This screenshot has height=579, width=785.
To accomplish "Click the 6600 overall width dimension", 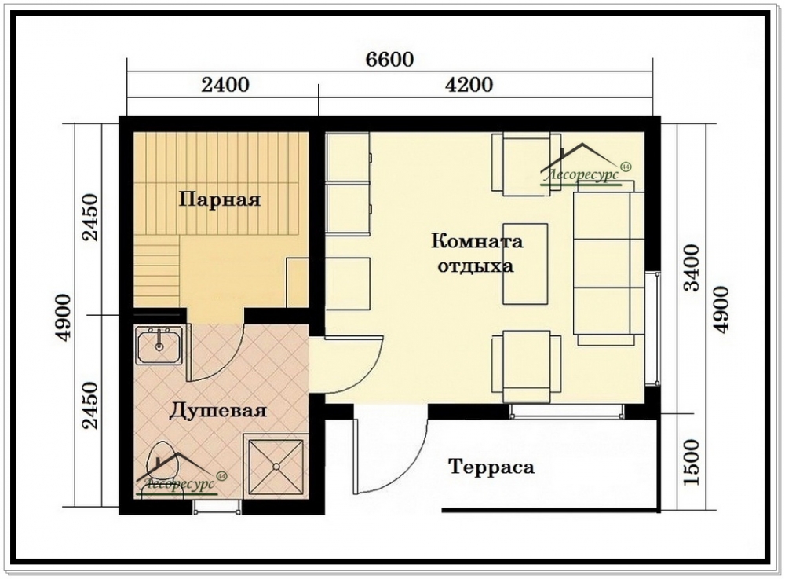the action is point(389,60).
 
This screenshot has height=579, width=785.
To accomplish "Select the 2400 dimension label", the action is point(225,85).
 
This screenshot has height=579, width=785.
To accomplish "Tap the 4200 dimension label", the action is point(469,85).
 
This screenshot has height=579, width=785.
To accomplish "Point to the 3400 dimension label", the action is point(692,267).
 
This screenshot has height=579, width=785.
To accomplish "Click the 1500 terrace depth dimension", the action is point(692,462).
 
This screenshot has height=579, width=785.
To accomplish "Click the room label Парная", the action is point(220,200).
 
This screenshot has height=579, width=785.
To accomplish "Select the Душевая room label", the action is point(217,411).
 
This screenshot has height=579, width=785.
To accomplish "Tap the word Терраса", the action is point(491,467).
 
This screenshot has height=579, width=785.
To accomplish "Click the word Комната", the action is point(477,241).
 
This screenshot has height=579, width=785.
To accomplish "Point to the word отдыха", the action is point(476,266).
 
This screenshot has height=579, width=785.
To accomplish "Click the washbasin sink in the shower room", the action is point(159,346).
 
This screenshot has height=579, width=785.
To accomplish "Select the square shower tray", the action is point(276,466).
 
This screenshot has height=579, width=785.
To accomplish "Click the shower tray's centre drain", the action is point(276,467).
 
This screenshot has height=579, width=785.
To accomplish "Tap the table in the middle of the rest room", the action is point(525,263).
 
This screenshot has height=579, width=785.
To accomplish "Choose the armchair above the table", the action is point(526,163).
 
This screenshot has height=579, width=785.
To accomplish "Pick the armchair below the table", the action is point(526,366).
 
